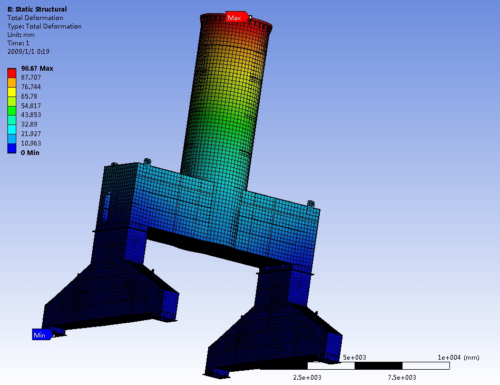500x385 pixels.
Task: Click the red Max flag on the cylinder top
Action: pyautogui.click(x=237, y=17)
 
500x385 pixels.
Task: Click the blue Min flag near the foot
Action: pyautogui.click(x=42, y=334)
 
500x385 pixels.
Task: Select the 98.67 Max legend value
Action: pyautogui.click(x=37, y=69)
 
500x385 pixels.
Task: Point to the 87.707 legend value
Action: pyautogui.click(x=31, y=77)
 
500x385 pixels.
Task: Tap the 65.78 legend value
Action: pyautogui.click(x=29, y=96)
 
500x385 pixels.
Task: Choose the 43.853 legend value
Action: pyautogui.click(x=31, y=114)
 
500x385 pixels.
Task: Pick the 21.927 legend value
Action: pyautogui.click(x=31, y=133)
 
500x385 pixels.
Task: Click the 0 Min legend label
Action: pyautogui.click(x=30, y=152)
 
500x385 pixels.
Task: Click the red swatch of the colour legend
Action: pyautogui.click(x=12, y=73)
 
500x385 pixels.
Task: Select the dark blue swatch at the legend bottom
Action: pyautogui.click(x=12, y=148)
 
